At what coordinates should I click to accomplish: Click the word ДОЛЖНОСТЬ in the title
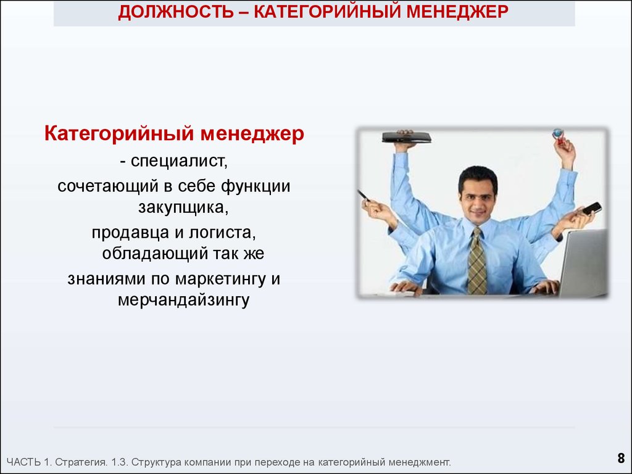pyautogui.click(x=176, y=12)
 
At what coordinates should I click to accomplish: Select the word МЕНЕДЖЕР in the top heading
pyautogui.click(x=457, y=12)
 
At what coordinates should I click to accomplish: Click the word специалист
pyautogui.click(x=180, y=161)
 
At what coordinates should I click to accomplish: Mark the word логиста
pyautogui.click(x=222, y=233)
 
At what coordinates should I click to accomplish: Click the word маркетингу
pyautogui.click(x=221, y=280)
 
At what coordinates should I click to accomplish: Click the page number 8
pyautogui.click(x=621, y=459)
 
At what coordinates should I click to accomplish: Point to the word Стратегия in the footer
pyautogui.click(x=81, y=462)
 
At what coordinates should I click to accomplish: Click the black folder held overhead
pyautogui.click(x=406, y=138)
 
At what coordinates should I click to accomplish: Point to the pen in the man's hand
pyautogui.click(x=364, y=196)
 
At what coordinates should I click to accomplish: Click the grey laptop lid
pyautogui.click(x=584, y=263)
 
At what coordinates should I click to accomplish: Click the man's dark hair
pyautogui.click(x=478, y=178)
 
